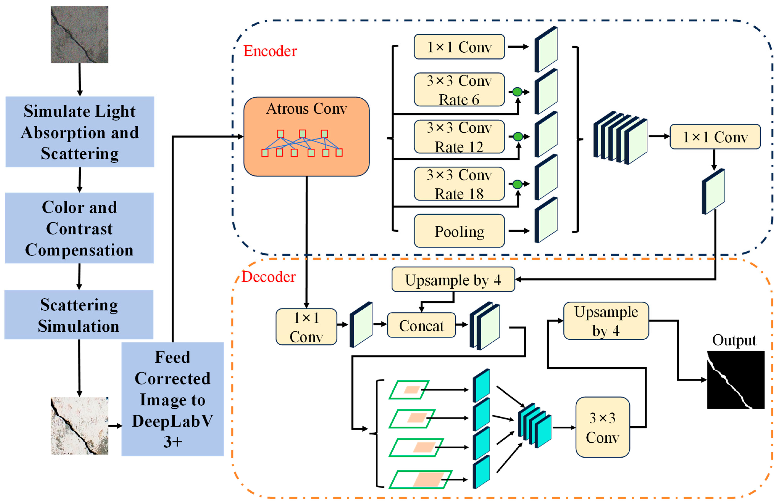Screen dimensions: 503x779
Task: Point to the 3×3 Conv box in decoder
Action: (x=602, y=427)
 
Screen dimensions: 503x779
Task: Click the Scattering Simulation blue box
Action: (x=79, y=315)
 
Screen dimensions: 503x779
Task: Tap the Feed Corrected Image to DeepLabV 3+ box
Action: (x=173, y=399)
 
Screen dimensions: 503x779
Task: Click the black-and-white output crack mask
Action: (x=735, y=380)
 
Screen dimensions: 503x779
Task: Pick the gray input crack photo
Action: (x=79, y=35)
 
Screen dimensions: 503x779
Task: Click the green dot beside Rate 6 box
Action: (x=517, y=92)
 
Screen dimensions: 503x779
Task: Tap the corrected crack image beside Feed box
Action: (x=79, y=426)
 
